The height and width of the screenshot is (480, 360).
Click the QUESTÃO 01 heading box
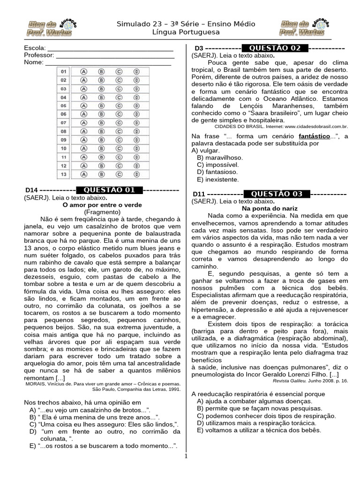[109, 190]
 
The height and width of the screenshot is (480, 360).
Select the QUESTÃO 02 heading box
[275, 48]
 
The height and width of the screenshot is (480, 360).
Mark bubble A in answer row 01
[84, 72]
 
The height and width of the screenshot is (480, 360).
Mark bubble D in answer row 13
[136, 174]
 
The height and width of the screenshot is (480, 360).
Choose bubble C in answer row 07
[119, 123]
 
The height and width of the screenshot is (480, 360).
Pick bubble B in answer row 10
[101, 149]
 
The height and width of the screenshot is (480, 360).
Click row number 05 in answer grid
[64, 106]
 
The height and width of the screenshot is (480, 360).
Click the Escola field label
[35, 48]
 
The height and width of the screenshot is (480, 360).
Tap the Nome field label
[33, 62]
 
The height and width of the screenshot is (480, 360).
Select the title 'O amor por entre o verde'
[102, 205]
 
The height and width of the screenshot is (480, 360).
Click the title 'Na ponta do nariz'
[270, 208]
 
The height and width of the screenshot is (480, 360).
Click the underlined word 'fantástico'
[314, 136]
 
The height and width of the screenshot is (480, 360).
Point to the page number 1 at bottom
[186, 456]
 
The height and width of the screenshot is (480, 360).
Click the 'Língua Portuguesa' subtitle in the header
[180, 32]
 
